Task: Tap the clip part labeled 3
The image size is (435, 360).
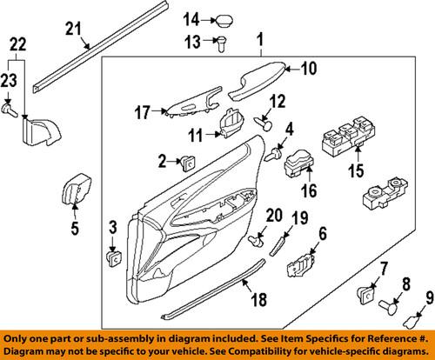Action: coord(113,255)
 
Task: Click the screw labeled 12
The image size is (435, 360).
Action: coord(259,118)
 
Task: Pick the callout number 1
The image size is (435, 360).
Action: coord(258,40)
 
